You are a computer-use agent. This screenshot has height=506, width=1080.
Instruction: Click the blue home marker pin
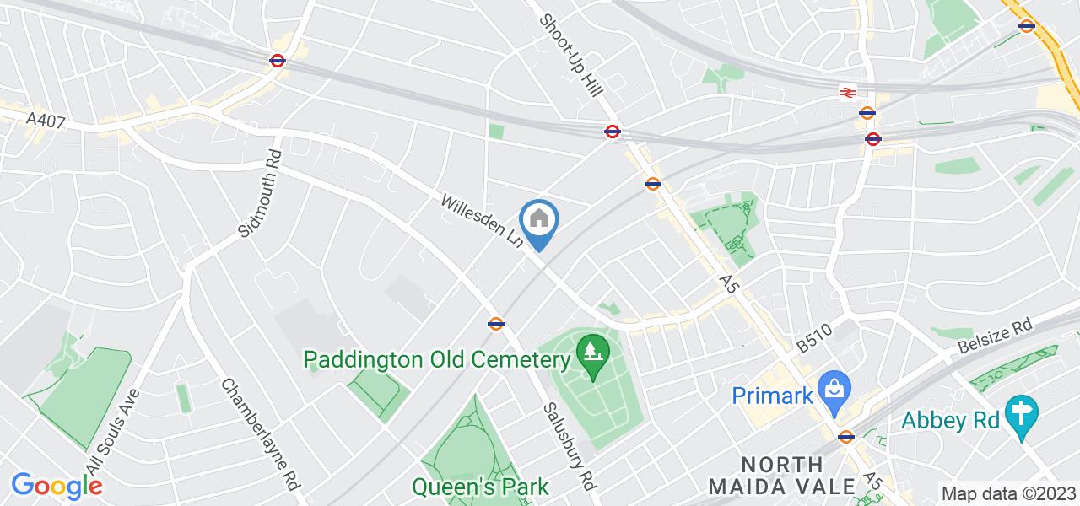click(x=540, y=221)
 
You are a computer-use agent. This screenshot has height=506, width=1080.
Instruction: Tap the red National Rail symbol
click(x=848, y=93)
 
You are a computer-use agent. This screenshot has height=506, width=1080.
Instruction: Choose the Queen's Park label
click(x=480, y=487)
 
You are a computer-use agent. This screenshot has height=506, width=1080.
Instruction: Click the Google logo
click(x=57, y=486)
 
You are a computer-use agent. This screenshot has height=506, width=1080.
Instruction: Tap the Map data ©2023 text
click(x=1008, y=494)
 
